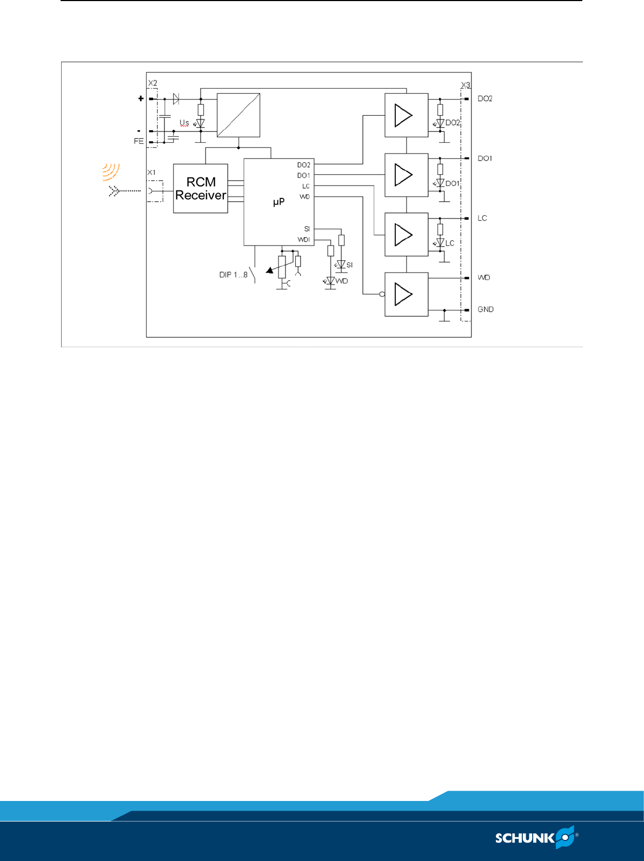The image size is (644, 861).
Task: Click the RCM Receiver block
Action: [201, 188]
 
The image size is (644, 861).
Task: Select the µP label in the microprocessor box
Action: [278, 202]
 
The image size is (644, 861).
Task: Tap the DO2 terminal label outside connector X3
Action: [485, 99]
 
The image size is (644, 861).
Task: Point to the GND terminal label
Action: [486, 309]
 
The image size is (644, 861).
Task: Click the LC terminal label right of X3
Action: [482, 218]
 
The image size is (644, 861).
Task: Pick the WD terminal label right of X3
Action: [484, 277]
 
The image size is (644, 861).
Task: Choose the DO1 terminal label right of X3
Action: [485, 158]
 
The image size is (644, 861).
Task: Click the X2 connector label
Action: [152, 83]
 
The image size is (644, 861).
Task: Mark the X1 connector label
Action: [151, 173]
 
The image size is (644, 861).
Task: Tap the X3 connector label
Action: [466, 85]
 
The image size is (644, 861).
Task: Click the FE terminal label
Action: [139, 141]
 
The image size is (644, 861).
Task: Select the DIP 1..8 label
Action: [233, 275]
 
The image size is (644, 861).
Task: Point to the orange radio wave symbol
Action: [111, 171]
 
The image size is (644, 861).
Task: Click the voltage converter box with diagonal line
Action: [238, 115]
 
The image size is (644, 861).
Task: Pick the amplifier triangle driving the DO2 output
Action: [403, 115]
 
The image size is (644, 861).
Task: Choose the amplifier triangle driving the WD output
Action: [403, 294]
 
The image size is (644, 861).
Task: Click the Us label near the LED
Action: [184, 123]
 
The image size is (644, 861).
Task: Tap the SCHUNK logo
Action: [536, 838]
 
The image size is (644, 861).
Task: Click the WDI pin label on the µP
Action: [304, 240]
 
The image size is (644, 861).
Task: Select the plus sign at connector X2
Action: [141, 98]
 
